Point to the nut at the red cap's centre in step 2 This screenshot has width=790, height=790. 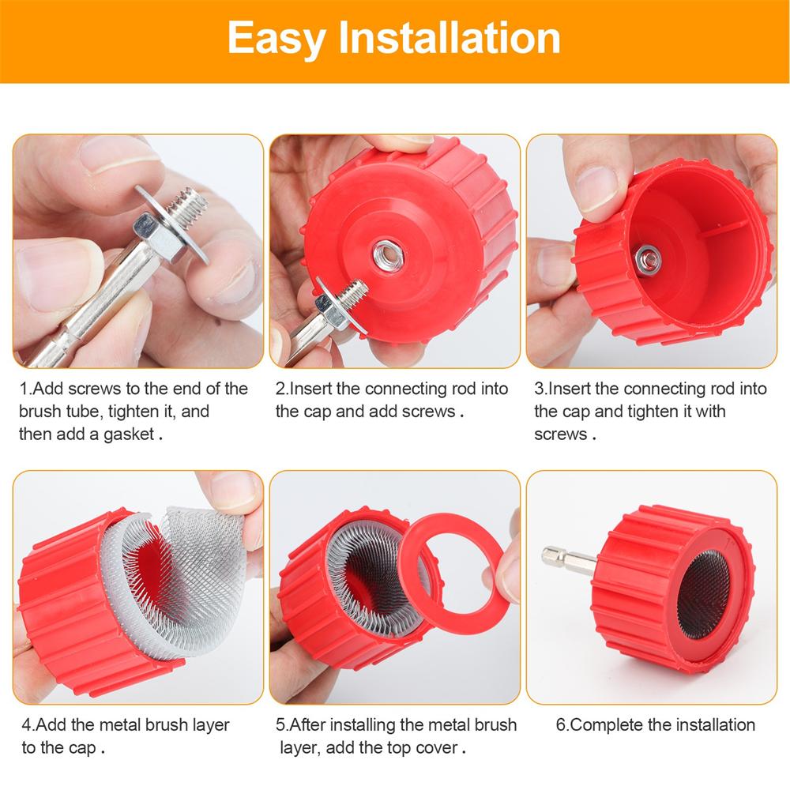(388, 254)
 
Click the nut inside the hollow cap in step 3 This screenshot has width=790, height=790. (647, 255)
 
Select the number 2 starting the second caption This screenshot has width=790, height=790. (280, 389)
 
